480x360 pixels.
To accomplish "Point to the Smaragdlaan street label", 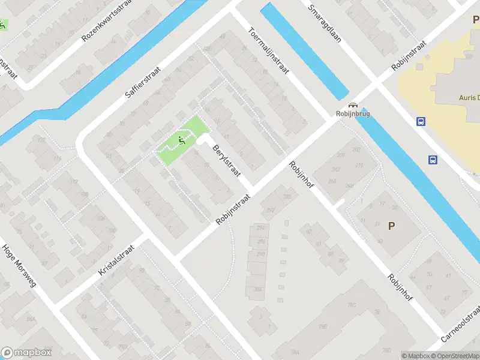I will (324, 24).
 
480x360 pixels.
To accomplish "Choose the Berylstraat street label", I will (225, 159).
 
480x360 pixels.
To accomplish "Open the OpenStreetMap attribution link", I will (454, 356).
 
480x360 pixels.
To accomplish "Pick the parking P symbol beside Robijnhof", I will (391, 226).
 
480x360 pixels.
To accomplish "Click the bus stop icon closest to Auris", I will (421, 121).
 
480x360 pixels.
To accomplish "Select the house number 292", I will (269, 210).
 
